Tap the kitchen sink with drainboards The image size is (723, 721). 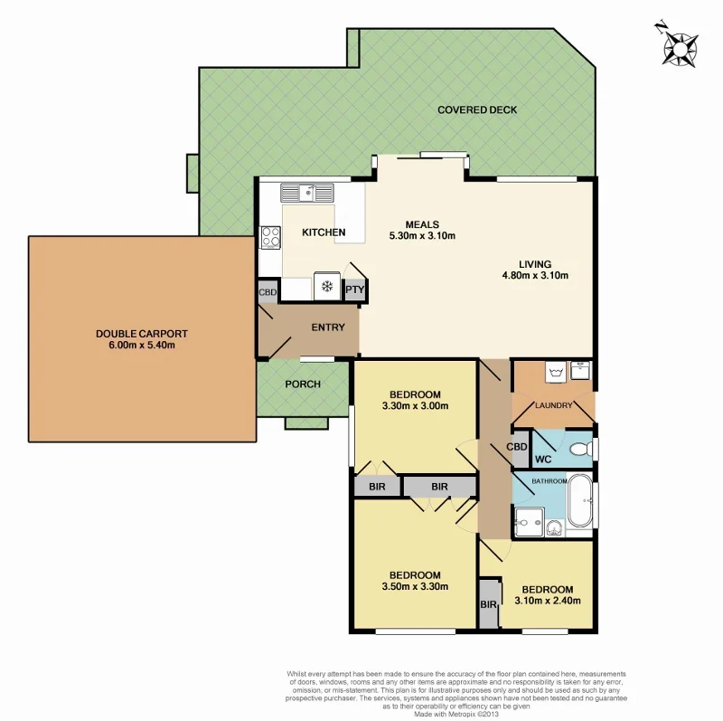click(307, 192)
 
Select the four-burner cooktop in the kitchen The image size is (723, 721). click(270, 237)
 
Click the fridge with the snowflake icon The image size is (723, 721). click(326, 286)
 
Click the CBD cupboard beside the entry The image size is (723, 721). click(268, 292)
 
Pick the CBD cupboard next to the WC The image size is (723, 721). click(517, 447)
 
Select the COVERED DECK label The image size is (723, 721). click(476, 110)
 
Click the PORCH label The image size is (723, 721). click(303, 384)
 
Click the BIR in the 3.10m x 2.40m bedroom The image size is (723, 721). click(488, 604)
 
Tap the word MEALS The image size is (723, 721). click(421, 224)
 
